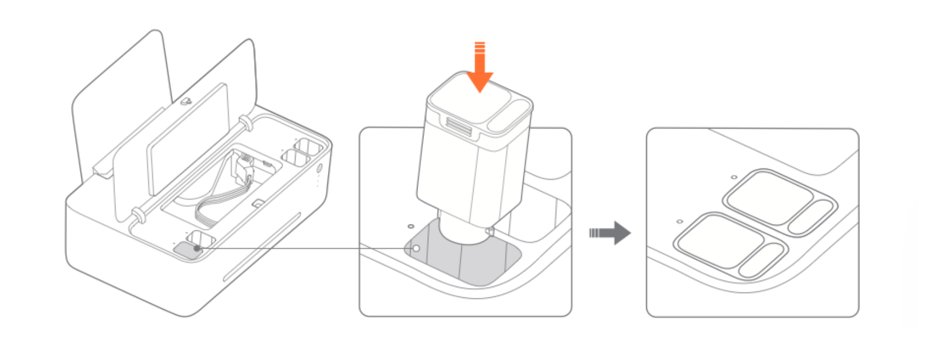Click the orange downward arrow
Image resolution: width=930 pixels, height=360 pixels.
coord(479,70)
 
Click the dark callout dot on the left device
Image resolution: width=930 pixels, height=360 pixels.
coord(197,248)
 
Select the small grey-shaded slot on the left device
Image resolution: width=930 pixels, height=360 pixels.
coord(186,250)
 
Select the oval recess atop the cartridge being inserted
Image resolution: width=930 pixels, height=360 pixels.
coord(510,115)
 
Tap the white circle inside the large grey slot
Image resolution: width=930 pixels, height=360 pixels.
coord(415,248)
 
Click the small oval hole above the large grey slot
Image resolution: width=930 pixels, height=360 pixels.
coord(411,226)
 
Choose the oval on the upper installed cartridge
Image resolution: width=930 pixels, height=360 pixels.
coord(811,217)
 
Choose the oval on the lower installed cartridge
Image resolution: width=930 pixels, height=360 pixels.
coord(762,260)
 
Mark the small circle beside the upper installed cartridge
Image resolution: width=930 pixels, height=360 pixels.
coord(734,176)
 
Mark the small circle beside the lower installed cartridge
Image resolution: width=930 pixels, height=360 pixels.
coord(680,221)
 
